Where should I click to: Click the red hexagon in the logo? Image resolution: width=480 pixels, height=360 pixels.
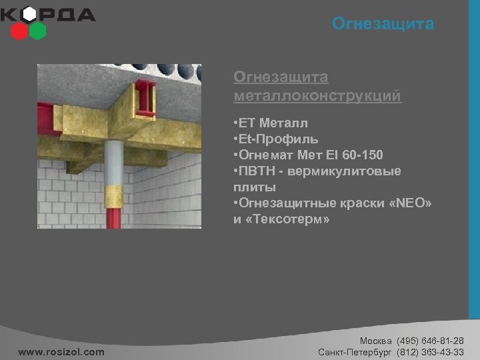pyautogui.click(x=20, y=30)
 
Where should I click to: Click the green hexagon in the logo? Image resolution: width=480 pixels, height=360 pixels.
pyautogui.click(x=38, y=30)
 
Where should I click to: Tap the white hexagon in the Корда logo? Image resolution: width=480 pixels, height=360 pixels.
pyautogui.click(x=29, y=15)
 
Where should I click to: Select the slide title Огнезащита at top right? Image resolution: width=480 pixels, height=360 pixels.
pyautogui.click(x=383, y=25)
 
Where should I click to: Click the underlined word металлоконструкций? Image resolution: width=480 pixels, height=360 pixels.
pyautogui.click(x=317, y=97)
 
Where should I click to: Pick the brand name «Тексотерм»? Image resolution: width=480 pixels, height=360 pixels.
pyautogui.click(x=287, y=219)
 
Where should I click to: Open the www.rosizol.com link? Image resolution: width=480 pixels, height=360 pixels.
pyautogui.click(x=61, y=351)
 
